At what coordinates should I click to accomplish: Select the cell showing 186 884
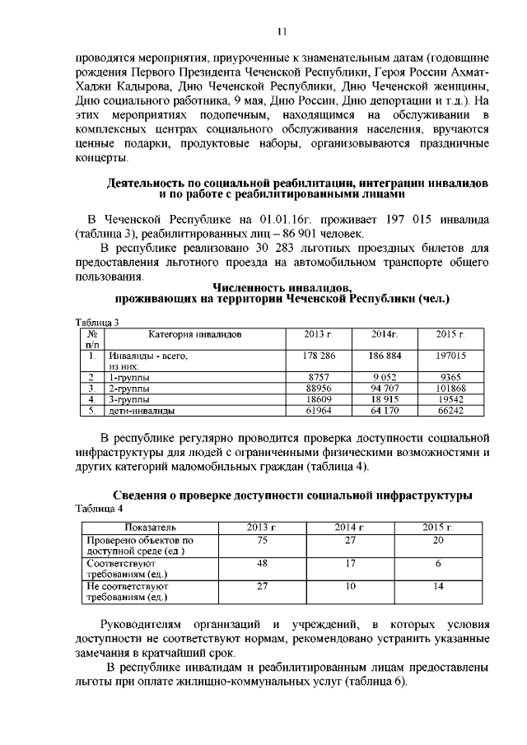(x=385, y=356)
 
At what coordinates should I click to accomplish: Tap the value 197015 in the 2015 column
(x=450, y=356)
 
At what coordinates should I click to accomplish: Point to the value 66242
(x=450, y=409)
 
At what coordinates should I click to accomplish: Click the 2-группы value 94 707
(x=385, y=387)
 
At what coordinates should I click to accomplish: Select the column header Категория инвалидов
(x=195, y=335)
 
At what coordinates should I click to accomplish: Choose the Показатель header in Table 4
(x=150, y=527)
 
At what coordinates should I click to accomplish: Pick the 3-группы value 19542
(x=450, y=398)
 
